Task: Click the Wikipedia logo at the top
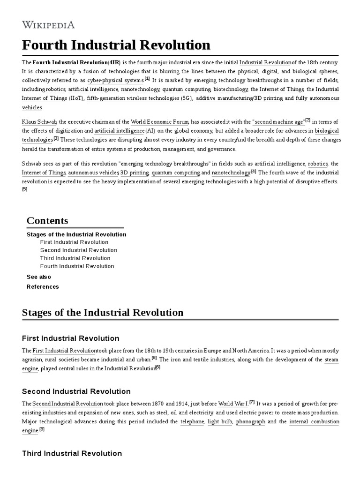(48, 25)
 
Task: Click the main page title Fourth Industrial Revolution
(116, 45)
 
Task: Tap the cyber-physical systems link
(115, 80)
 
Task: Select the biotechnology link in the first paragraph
(230, 89)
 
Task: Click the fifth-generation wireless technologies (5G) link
(139, 98)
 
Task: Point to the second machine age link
(279, 121)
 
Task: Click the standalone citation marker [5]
(25, 189)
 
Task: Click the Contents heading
(47, 221)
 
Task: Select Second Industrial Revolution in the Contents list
(79, 250)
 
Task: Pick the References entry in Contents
(43, 287)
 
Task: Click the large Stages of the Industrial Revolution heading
(103, 313)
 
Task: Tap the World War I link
(233, 404)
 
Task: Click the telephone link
(192, 422)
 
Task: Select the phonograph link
(250, 422)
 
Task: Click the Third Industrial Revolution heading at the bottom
(72, 453)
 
